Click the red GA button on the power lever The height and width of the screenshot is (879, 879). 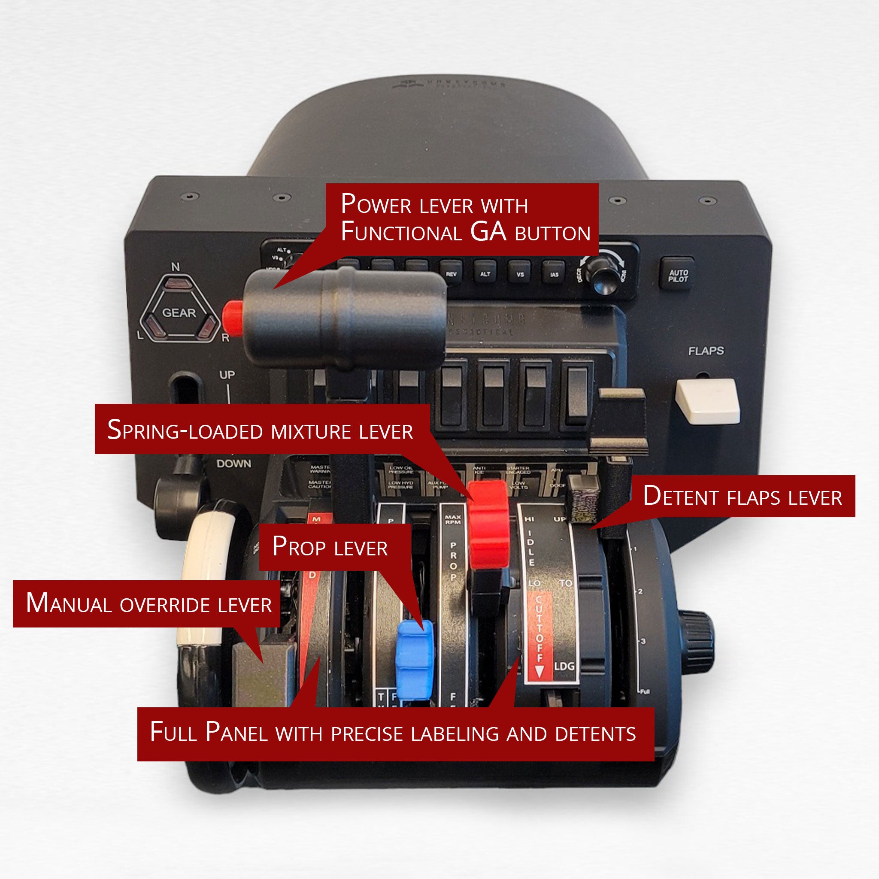click(233, 316)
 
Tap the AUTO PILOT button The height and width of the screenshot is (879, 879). click(677, 275)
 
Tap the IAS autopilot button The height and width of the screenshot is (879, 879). click(554, 274)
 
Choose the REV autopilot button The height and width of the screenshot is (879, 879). click(451, 273)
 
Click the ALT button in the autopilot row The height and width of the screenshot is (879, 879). click(485, 273)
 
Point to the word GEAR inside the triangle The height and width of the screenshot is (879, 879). click(179, 313)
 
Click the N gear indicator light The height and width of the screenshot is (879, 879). click(174, 285)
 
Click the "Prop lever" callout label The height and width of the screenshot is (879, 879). click(330, 547)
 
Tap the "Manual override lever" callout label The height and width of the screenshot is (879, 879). click(149, 603)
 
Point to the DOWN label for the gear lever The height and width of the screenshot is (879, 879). click(233, 464)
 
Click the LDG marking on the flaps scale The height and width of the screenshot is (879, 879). click(564, 666)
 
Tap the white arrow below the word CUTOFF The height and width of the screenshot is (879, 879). click(540, 672)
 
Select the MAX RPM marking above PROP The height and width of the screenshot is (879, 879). click(453, 520)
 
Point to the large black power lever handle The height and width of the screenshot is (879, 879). click(346, 317)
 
